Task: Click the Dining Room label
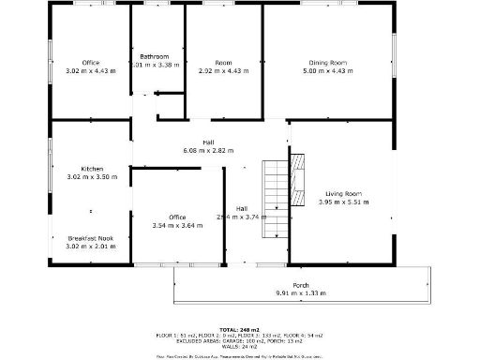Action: (x=326, y=63)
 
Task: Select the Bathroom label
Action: (x=155, y=56)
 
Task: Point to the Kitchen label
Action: (x=92, y=169)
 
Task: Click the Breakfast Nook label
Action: (x=91, y=238)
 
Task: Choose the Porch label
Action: (x=301, y=285)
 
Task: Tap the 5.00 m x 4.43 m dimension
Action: (x=326, y=71)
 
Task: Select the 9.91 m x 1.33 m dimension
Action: (x=301, y=293)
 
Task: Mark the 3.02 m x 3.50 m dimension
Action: (x=91, y=177)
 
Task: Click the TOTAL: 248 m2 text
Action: (x=239, y=329)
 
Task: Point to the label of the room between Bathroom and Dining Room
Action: (x=223, y=63)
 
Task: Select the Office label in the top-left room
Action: (x=91, y=63)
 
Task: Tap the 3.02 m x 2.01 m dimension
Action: (x=91, y=247)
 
